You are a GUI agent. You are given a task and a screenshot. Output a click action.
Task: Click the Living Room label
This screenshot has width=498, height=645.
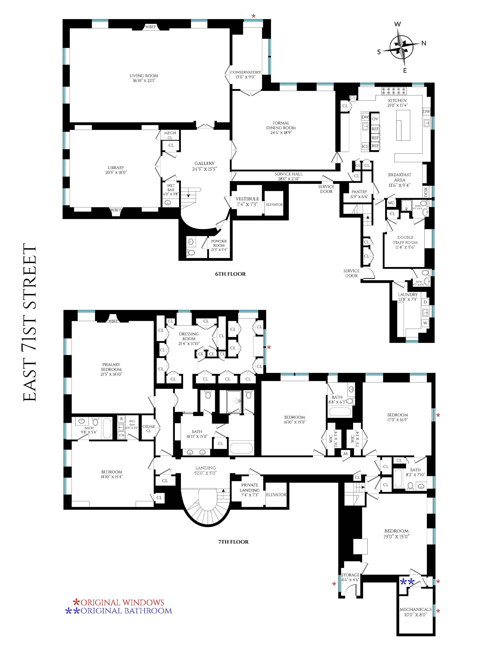click(144, 76)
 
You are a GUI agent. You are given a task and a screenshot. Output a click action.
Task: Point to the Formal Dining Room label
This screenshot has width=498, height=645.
click(281, 125)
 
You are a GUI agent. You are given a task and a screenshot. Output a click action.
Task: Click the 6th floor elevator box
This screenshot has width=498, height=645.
click(274, 204)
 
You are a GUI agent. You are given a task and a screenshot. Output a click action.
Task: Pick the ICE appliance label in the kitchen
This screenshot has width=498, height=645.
click(365, 146)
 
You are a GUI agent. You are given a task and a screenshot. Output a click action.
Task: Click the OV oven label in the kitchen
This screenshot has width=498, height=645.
click(375, 119)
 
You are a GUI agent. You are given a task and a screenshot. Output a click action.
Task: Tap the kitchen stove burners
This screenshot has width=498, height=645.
click(394, 91)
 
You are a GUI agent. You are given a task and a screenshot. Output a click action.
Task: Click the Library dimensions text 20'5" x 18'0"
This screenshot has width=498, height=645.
click(116, 172)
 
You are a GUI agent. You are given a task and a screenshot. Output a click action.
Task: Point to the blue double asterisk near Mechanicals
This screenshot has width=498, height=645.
click(407, 582)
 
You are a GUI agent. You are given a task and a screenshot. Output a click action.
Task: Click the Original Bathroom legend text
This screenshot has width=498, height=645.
click(126, 611)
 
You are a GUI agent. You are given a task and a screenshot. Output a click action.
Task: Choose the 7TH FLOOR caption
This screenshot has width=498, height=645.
click(233, 542)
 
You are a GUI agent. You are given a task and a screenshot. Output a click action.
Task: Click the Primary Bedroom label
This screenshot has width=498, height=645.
click(111, 367)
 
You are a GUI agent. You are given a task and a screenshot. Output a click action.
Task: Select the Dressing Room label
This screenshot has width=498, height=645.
click(189, 336)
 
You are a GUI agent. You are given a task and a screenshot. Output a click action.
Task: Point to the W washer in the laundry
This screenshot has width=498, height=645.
click(425, 323)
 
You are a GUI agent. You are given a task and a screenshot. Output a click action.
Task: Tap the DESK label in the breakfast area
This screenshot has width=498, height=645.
click(425, 192)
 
